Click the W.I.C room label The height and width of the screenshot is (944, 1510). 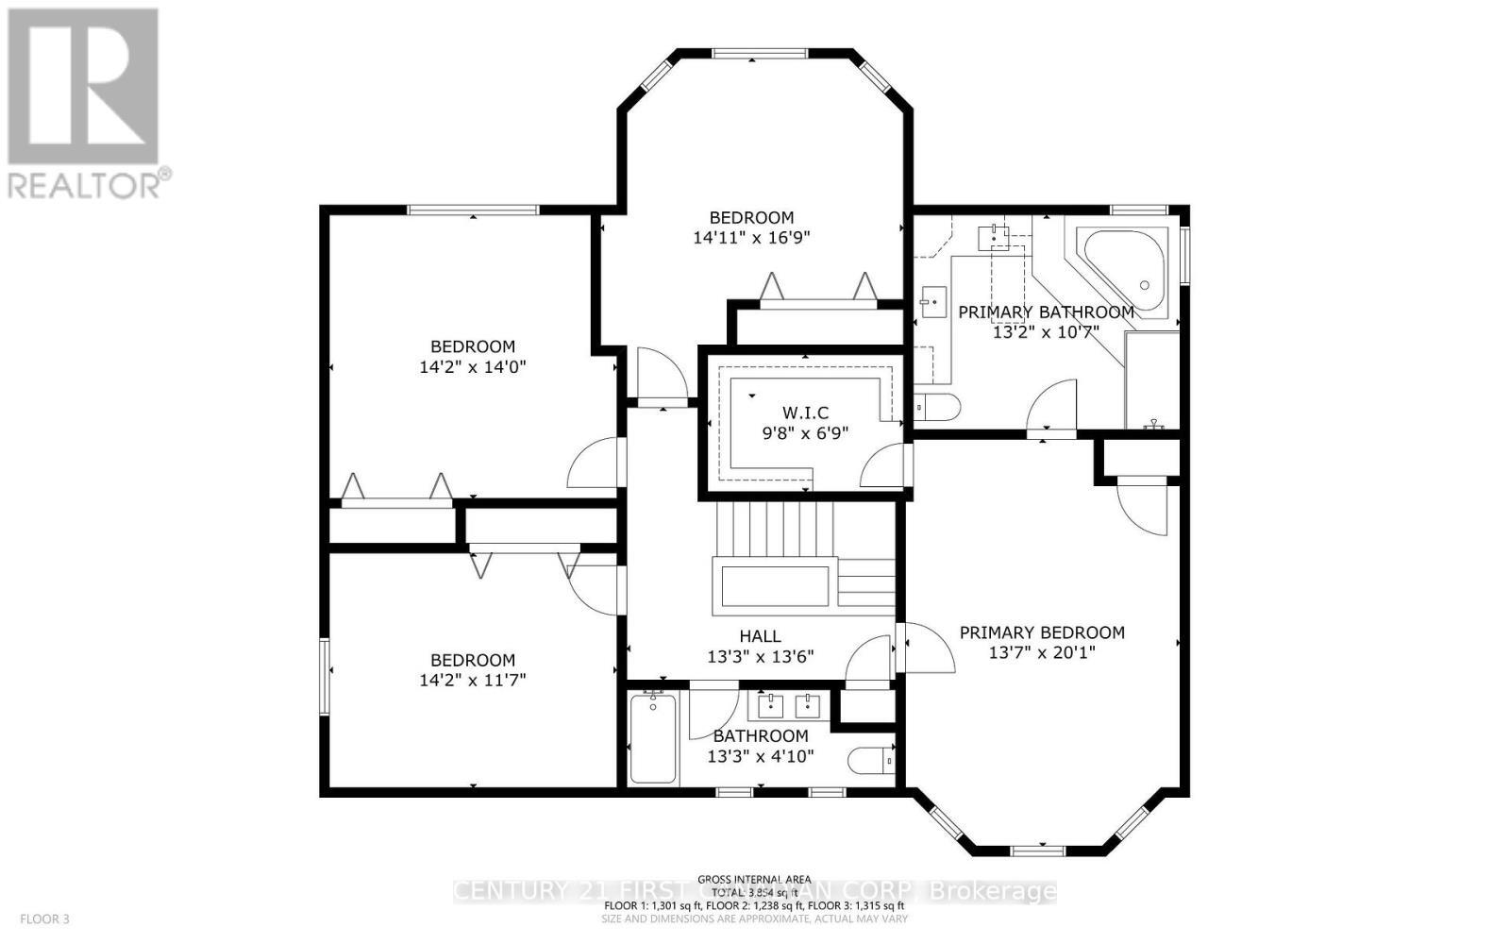point(805,413)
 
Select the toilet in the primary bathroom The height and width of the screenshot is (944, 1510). point(939,408)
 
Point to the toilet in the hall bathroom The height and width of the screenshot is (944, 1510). point(869,759)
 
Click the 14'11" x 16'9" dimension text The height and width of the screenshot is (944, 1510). point(751,238)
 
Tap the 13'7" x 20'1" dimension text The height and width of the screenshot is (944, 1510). point(1042,652)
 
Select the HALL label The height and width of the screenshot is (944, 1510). point(760,636)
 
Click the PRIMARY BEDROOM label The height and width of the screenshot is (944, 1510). point(1042,632)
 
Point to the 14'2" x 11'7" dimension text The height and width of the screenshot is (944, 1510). point(472,680)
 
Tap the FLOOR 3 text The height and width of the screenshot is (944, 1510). point(45,918)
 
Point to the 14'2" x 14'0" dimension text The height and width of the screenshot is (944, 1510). point(472,366)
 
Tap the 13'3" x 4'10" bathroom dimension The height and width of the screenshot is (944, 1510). point(760,756)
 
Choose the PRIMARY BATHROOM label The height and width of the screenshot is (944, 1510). point(1046,312)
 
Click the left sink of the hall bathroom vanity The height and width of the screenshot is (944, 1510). point(772,703)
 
